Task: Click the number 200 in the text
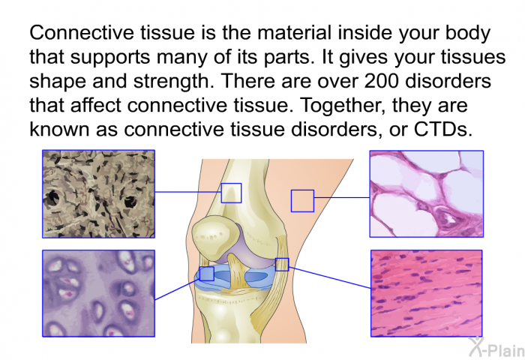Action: point(382,81)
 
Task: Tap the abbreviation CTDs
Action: point(442,129)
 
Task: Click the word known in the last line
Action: point(59,129)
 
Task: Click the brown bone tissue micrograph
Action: point(98,194)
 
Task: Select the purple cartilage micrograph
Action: point(98,293)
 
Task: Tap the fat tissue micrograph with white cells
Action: point(427,194)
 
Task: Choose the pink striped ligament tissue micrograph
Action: point(427,293)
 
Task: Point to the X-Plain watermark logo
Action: point(496,347)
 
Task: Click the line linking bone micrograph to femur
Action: point(188,192)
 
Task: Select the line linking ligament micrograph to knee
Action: point(330,277)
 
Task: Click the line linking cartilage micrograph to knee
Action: point(177,289)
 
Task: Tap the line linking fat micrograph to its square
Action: point(342,197)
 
